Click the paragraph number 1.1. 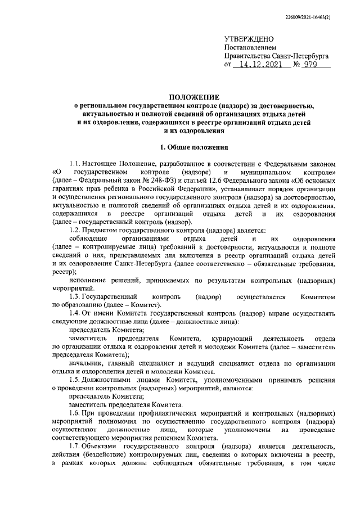(x=75, y=163)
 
